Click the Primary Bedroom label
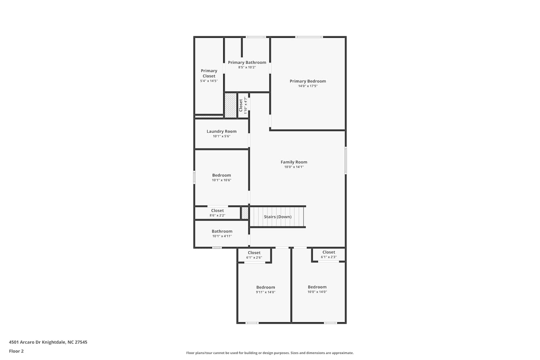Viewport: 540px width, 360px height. tap(307, 81)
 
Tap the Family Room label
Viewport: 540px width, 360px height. tap(294, 162)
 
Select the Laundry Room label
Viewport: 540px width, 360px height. tap(221, 131)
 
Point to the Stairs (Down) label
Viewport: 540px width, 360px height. tap(278, 217)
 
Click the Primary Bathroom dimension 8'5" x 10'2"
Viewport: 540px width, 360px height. tap(247, 67)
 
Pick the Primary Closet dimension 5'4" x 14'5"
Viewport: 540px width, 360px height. tap(209, 81)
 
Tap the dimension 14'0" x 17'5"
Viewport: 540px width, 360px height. tap(308, 86)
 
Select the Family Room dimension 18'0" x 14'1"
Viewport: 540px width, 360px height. tap(294, 167)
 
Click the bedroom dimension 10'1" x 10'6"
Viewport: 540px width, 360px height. tap(221, 180)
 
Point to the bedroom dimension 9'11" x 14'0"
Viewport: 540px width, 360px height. tap(266, 292)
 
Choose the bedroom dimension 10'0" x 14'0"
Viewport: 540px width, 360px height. tap(317, 292)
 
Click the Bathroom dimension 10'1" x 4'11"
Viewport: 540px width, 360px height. tap(222, 236)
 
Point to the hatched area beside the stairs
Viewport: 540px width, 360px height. tap(245, 213)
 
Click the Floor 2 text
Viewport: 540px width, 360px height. tap(17, 351)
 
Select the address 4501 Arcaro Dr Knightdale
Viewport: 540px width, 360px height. tap(37, 342)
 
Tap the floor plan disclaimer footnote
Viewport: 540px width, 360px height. tap(270, 353)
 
